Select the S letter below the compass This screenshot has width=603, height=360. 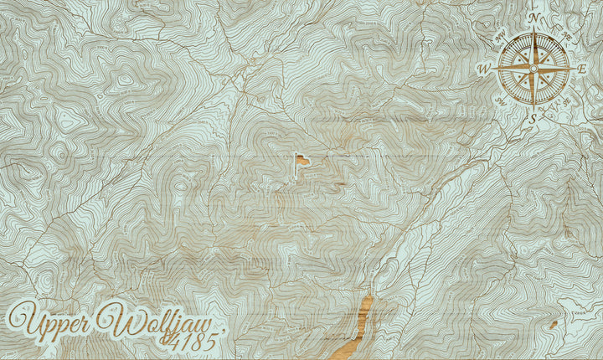point(533,119)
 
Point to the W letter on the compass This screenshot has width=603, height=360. point(484,69)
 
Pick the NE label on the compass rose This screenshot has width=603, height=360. point(565,37)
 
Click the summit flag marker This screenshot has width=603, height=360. point(303,158)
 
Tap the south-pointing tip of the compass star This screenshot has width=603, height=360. point(533,108)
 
